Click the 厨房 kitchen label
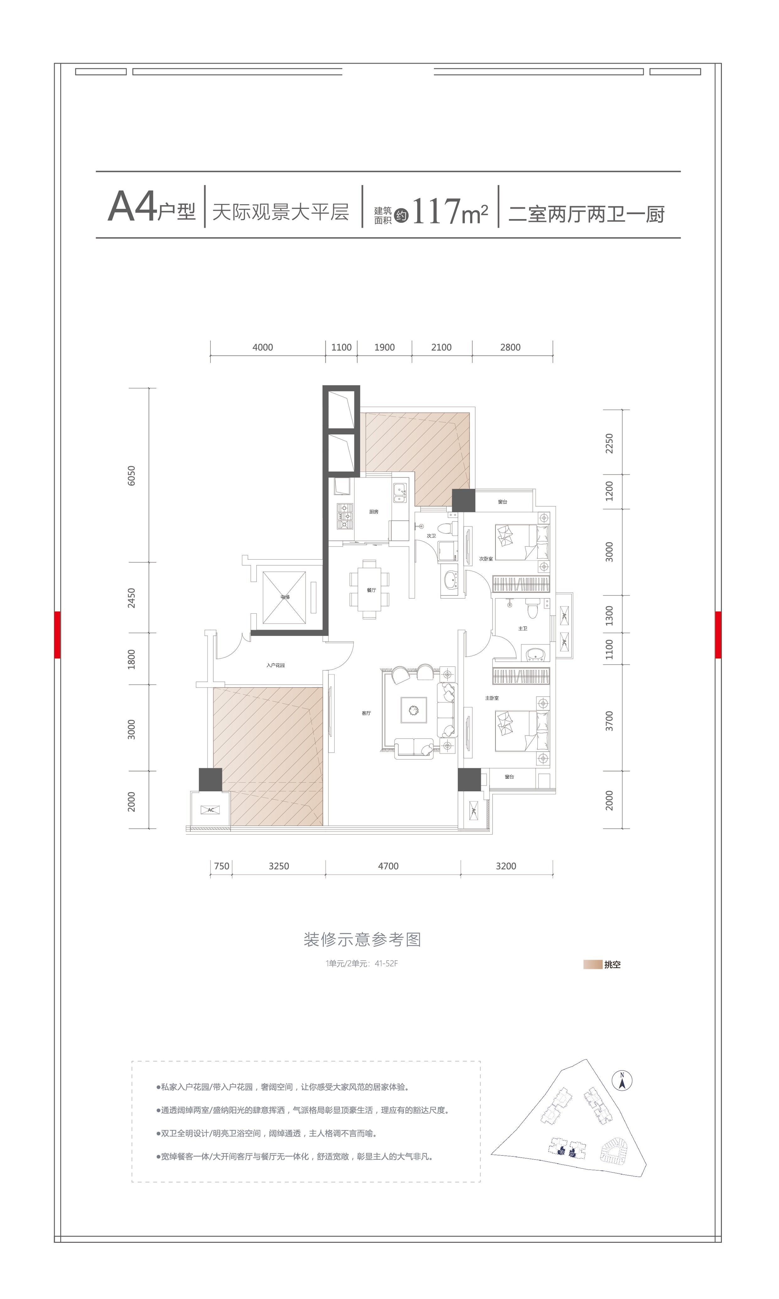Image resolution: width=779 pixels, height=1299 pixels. [373, 512]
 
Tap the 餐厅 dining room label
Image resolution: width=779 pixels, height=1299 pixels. [371, 590]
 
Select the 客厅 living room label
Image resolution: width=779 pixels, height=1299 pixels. [366, 713]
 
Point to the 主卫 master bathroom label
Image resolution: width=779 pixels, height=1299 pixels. [522, 628]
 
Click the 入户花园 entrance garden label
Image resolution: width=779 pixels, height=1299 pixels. [275, 665]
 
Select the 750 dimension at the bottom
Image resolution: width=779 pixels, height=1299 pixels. [221, 866]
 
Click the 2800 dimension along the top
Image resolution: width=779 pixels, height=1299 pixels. [510, 347]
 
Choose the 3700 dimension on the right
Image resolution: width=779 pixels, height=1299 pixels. [609, 721]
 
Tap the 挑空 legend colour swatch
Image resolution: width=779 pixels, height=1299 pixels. [592, 965]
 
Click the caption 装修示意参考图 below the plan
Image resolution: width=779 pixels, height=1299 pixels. [362, 939]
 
